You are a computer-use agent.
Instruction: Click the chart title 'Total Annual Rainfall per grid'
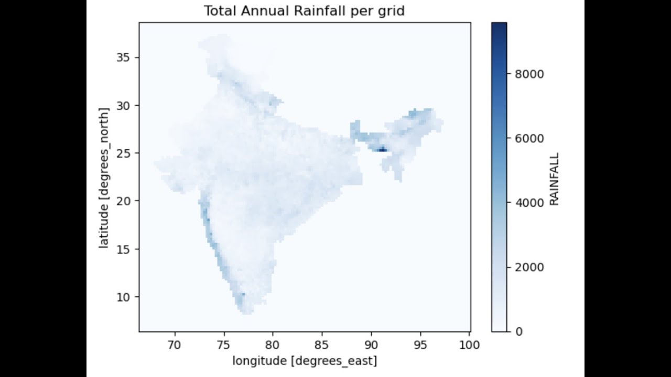coord(305,11)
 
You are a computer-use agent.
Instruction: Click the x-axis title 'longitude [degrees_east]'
coord(305,360)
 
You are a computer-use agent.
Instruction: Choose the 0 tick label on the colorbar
coord(519,331)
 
